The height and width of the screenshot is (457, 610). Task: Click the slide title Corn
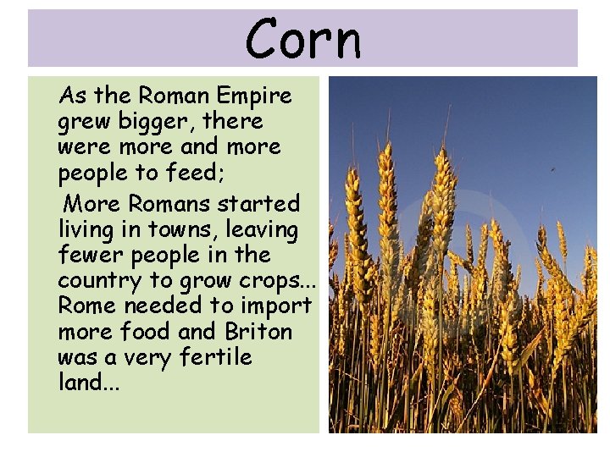click(302, 38)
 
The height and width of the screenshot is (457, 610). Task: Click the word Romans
click(172, 204)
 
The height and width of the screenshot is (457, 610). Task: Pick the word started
click(258, 204)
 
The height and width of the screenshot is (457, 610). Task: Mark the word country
click(96, 281)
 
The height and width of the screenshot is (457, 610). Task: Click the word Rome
click(86, 306)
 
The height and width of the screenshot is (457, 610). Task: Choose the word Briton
click(258, 331)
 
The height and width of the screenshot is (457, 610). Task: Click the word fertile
click(215, 356)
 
